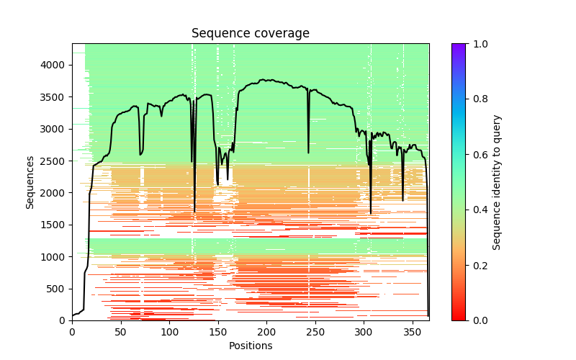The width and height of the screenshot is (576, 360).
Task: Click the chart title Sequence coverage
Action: (250, 33)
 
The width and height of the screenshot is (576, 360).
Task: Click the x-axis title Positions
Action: (250, 346)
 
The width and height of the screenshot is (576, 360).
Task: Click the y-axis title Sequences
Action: (30, 182)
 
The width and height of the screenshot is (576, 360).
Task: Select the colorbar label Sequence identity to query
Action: (497, 182)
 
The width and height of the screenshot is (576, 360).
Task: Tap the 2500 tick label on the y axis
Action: (55, 161)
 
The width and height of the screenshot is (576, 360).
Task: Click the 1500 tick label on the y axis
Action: (55, 225)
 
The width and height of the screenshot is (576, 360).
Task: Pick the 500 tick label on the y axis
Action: (58, 289)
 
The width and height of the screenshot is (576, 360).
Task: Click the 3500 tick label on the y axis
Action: (55, 97)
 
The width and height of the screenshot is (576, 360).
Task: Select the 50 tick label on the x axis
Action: (120, 332)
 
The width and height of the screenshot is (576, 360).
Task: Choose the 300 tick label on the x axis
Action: (364, 332)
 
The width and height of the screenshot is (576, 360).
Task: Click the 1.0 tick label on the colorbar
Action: (478, 44)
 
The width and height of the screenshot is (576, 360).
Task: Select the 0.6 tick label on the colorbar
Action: (478, 155)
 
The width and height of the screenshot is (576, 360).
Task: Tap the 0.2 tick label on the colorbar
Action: (478, 265)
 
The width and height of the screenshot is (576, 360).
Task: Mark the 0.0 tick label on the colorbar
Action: (478, 320)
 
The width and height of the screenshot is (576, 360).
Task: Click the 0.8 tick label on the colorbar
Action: (478, 99)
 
